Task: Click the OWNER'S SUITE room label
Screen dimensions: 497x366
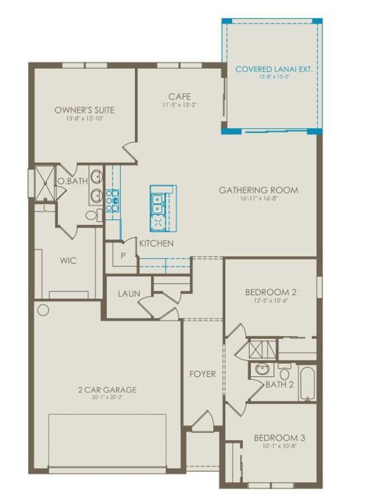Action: (84, 110)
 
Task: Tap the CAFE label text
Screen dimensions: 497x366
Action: (179, 97)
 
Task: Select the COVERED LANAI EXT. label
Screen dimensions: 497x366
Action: (274, 69)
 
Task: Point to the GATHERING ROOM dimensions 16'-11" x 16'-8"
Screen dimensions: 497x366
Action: (259, 198)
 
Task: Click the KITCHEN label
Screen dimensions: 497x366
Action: (156, 243)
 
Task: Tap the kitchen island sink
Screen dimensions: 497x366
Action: (157, 204)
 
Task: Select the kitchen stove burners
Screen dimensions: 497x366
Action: (112, 201)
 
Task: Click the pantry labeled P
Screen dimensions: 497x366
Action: (123, 256)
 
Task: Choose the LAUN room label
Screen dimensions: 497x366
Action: (129, 294)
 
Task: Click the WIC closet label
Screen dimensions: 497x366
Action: (68, 260)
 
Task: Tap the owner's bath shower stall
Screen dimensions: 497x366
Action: (45, 183)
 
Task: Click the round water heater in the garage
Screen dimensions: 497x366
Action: (43, 310)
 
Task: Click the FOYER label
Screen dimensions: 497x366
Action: (202, 374)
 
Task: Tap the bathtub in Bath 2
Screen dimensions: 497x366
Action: (307, 383)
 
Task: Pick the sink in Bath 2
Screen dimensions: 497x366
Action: (262, 369)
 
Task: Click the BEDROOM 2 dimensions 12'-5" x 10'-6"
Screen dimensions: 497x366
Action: (271, 301)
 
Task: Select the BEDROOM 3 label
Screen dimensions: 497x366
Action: (279, 438)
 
